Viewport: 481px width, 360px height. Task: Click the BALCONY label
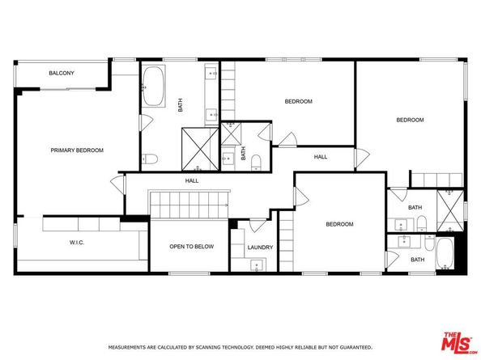pyautogui.click(x=62, y=74)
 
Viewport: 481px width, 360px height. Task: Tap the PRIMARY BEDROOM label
pyautogui.click(x=77, y=150)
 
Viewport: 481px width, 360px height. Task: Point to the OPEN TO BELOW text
pyautogui.click(x=191, y=246)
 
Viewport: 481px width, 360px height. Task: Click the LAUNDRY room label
pyautogui.click(x=260, y=247)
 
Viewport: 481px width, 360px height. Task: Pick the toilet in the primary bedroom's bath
pyautogui.click(x=149, y=159)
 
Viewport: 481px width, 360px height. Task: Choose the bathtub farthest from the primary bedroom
pyautogui.click(x=445, y=253)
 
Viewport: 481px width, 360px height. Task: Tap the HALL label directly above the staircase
pyautogui.click(x=192, y=181)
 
